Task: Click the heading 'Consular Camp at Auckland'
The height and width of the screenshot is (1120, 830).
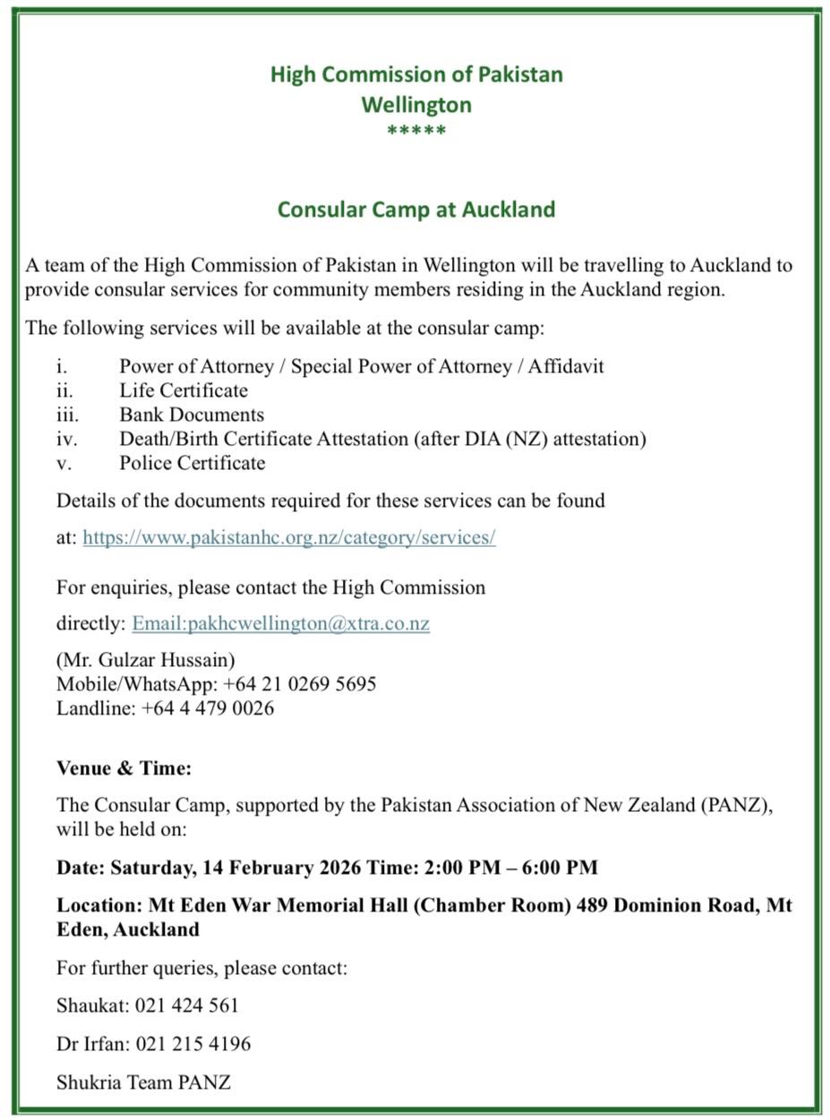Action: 415,209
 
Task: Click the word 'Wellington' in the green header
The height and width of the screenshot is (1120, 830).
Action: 416,105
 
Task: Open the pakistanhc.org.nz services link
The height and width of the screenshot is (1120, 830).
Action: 288,537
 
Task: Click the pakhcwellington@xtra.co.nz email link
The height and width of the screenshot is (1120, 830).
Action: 280,623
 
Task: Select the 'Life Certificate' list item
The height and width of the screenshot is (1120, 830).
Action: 184,390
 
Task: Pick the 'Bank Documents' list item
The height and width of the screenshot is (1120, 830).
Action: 192,415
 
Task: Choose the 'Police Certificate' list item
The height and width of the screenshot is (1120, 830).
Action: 193,463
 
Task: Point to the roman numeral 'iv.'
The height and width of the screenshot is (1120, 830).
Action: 67,439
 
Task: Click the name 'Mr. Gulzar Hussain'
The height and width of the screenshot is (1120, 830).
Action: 146,660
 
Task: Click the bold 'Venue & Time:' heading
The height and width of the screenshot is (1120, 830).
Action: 124,768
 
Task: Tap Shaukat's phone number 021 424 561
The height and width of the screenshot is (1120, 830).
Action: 187,1005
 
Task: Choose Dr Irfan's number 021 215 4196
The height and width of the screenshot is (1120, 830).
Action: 193,1044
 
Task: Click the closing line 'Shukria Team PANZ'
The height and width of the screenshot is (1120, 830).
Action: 143,1082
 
